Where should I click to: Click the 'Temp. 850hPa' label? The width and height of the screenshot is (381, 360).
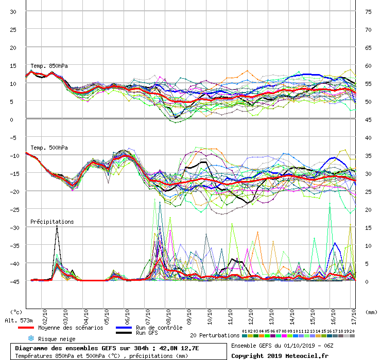pos(49,66)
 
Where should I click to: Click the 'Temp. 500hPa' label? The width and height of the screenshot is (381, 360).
pos(49,148)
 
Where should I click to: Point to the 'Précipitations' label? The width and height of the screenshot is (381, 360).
pos(52,222)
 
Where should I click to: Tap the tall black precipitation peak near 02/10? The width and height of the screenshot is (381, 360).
pos(57,227)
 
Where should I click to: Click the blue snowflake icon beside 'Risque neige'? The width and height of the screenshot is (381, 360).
pos(31,339)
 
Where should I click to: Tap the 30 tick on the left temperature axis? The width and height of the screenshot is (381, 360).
pos(13,12)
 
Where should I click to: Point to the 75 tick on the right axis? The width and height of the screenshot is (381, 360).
pos(368,12)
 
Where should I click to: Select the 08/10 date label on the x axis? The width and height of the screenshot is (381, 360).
pos(169,315)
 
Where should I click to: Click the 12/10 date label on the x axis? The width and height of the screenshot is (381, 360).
pos(251,315)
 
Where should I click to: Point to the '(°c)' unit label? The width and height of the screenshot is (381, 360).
pos(16,312)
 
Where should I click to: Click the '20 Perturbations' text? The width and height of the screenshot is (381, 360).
pos(215,335)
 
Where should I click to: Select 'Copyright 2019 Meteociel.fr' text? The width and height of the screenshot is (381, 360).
pos(280,355)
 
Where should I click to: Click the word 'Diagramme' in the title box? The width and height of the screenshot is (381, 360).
pos(32,348)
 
